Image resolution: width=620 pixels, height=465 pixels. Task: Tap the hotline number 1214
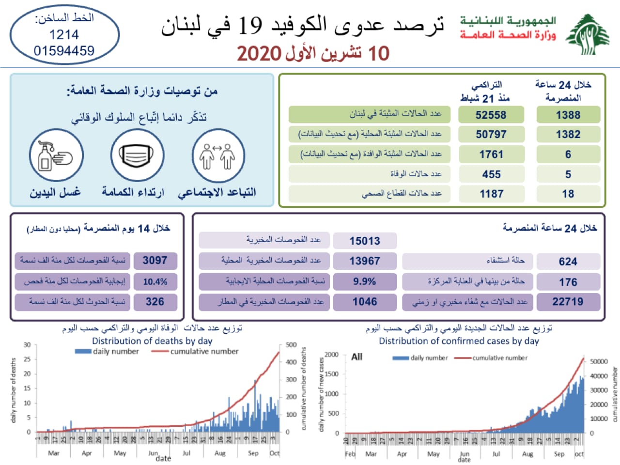(x=64, y=34)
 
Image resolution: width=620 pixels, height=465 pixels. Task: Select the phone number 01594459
(x=64, y=50)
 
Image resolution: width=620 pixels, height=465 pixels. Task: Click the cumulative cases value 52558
(x=491, y=115)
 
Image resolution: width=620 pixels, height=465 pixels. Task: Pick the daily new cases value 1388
(x=568, y=115)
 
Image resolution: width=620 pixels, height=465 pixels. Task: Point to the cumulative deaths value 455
(x=491, y=174)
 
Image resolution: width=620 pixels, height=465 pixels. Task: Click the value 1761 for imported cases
(x=491, y=155)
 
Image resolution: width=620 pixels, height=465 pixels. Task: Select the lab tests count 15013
(x=364, y=241)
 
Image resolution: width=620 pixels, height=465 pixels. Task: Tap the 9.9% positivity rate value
(x=364, y=281)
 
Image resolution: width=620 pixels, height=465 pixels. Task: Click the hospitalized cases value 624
(x=568, y=262)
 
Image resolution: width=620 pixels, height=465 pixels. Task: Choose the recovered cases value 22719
(x=568, y=302)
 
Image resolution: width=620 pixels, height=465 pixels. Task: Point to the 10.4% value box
(x=155, y=281)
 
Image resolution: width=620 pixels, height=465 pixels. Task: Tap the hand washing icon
(x=56, y=155)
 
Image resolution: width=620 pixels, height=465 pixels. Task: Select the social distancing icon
(x=217, y=155)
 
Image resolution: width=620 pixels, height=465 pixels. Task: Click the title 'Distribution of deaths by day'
(x=152, y=341)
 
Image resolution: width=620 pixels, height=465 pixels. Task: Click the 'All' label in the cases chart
(x=356, y=357)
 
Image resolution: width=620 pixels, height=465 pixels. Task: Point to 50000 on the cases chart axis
(x=599, y=361)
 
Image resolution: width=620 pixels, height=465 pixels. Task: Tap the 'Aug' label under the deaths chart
(x=220, y=453)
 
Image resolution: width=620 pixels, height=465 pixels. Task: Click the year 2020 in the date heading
(x=259, y=54)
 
